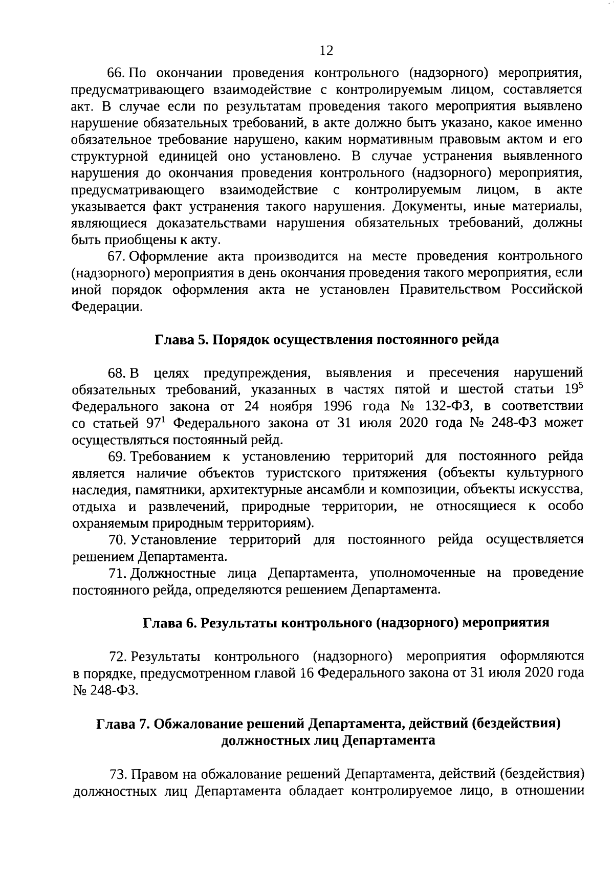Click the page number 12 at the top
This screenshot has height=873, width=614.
coord(326,50)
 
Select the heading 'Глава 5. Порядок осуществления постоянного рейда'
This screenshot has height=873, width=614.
coord(327,340)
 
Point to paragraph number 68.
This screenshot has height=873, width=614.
coord(115,373)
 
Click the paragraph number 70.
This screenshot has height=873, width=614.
coord(117,540)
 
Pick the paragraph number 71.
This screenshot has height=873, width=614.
coord(117,573)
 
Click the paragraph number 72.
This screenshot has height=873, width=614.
coord(117,657)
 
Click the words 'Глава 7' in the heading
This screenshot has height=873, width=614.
coord(122,724)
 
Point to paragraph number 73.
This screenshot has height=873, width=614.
coord(118,774)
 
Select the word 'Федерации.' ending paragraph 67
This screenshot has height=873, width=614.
coord(106,307)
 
